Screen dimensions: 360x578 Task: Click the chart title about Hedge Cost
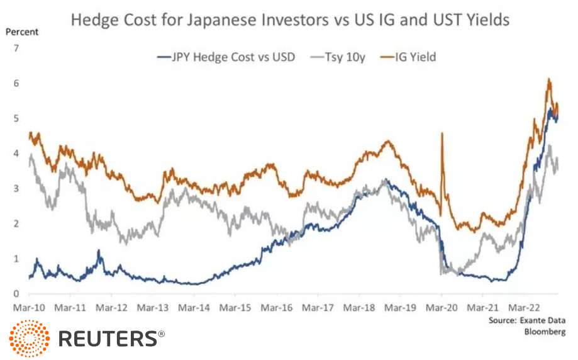tap(290, 20)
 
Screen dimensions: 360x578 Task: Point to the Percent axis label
tap(22, 31)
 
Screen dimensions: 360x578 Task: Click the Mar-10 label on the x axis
tap(28, 308)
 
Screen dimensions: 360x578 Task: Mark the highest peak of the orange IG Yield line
tap(549, 79)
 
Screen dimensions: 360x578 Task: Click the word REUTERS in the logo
tap(108, 339)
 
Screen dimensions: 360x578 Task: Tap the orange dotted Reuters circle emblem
tap(30, 339)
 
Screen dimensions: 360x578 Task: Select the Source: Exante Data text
tap(526, 320)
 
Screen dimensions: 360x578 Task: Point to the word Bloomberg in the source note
tap(545, 331)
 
